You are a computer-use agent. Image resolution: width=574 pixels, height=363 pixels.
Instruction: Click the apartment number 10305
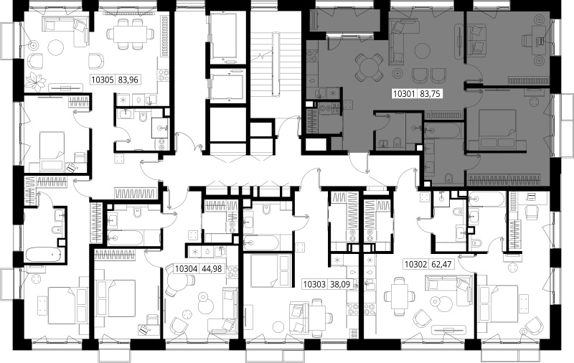[x=103, y=80]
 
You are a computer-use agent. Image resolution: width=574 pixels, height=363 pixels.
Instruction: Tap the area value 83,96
[x=128, y=80]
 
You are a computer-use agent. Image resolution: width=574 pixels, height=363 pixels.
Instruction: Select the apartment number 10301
[x=404, y=94]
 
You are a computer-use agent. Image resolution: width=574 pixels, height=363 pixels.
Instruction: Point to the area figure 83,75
[x=430, y=94]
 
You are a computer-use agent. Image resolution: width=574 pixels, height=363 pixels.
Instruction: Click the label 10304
[x=187, y=268]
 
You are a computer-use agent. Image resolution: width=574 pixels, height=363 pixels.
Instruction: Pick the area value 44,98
[x=212, y=268]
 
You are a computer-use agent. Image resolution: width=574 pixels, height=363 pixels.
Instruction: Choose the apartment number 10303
[x=315, y=284]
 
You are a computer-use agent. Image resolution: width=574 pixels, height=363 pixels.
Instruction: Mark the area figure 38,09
[x=340, y=284]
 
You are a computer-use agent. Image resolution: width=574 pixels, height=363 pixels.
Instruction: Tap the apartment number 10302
[x=415, y=264]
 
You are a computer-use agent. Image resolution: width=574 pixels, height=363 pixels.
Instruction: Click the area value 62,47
[x=441, y=264]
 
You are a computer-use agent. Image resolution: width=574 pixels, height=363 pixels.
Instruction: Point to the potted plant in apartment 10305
[x=36, y=82]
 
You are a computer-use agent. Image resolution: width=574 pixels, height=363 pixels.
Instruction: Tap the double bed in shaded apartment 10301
[x=497, y=129]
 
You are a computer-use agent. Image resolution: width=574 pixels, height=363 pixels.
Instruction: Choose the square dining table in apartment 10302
[x=400, y=296]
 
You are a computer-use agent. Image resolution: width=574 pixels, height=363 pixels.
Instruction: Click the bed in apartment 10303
[x=270, y=270]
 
